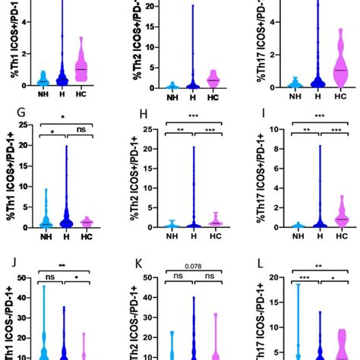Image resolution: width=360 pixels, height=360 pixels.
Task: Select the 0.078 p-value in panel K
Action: [189, 265]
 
